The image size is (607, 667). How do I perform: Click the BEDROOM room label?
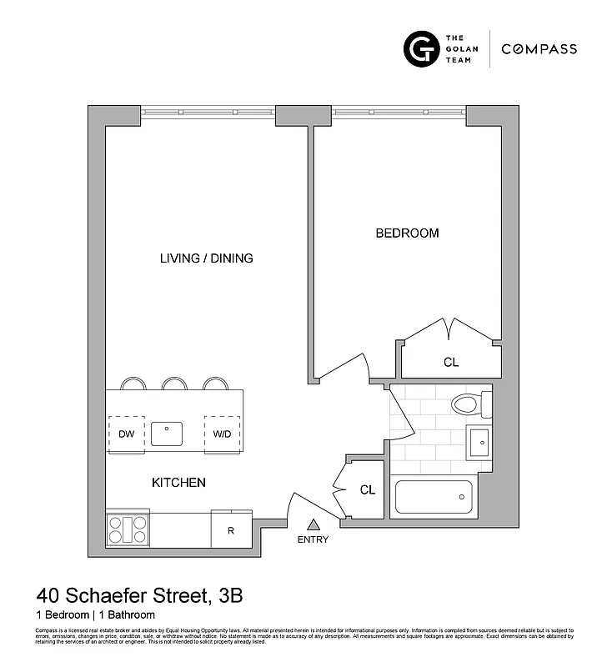407,233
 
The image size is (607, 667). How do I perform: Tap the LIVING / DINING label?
206,258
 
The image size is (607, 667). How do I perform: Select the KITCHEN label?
178,483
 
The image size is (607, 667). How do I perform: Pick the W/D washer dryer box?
221,434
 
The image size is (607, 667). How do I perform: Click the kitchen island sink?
168,434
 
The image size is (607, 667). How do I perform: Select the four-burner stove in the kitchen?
128,529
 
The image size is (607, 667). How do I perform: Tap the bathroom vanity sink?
479,441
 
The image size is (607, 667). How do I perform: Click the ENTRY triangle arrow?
314,524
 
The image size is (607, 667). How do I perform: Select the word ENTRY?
314,539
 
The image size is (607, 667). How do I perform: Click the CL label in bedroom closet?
451,363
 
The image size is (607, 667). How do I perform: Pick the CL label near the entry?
368,490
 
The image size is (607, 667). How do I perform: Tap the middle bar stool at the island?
174,384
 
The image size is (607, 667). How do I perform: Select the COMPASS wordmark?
539,49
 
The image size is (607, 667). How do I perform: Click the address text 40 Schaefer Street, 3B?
139,596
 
